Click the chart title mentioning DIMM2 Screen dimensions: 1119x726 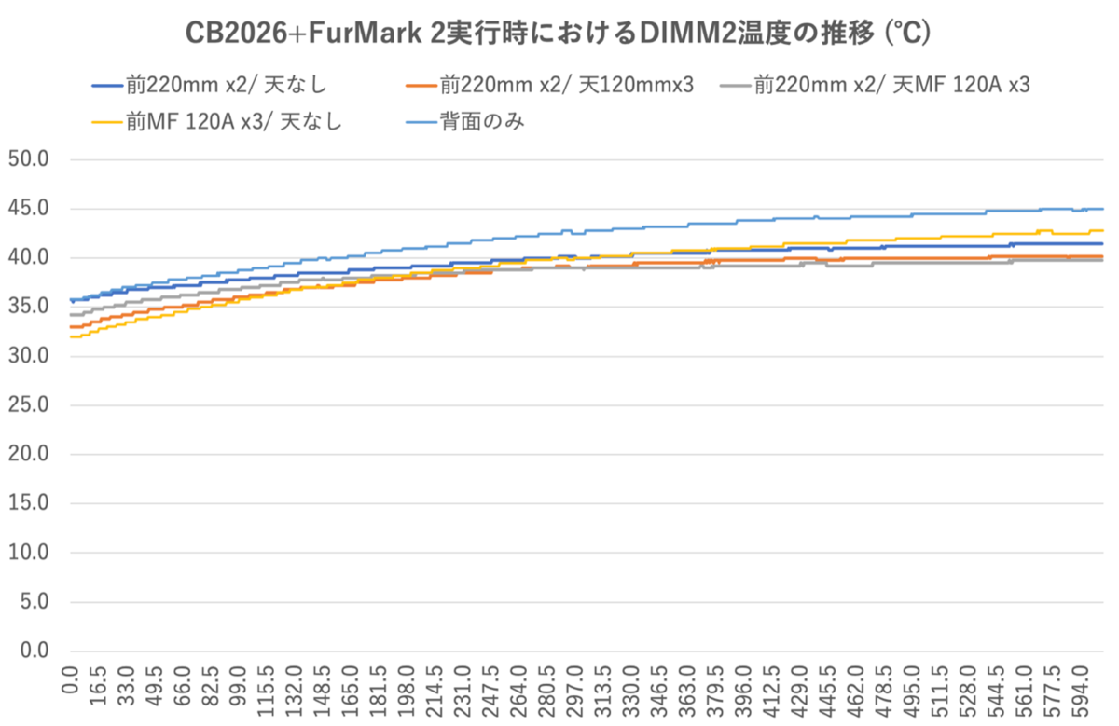(558, 33)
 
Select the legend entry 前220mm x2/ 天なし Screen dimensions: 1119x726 (210, 86)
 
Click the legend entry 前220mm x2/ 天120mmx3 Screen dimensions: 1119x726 (550, 86)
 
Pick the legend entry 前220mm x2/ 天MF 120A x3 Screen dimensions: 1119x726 (876, 86)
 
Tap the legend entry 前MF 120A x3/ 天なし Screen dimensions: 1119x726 (217, 122)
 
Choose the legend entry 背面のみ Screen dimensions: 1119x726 (465, 122)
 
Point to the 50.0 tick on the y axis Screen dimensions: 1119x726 (29, 159)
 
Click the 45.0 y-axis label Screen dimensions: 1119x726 (29, 208)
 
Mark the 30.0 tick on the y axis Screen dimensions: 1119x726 (29, 356)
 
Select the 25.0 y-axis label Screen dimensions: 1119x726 (29, 405)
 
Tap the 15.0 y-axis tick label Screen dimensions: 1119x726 (29, 503)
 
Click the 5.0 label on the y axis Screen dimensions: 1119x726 (34, 602)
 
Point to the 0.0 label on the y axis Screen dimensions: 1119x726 (34, 651)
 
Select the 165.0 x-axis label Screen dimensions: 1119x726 (352, 690)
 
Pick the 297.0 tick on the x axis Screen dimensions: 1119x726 (575, 690)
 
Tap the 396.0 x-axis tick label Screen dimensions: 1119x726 (744, 690)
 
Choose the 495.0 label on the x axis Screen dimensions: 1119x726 (912, 690)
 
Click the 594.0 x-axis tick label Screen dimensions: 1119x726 (1081, 690)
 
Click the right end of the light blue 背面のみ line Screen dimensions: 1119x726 (1103, 209)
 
